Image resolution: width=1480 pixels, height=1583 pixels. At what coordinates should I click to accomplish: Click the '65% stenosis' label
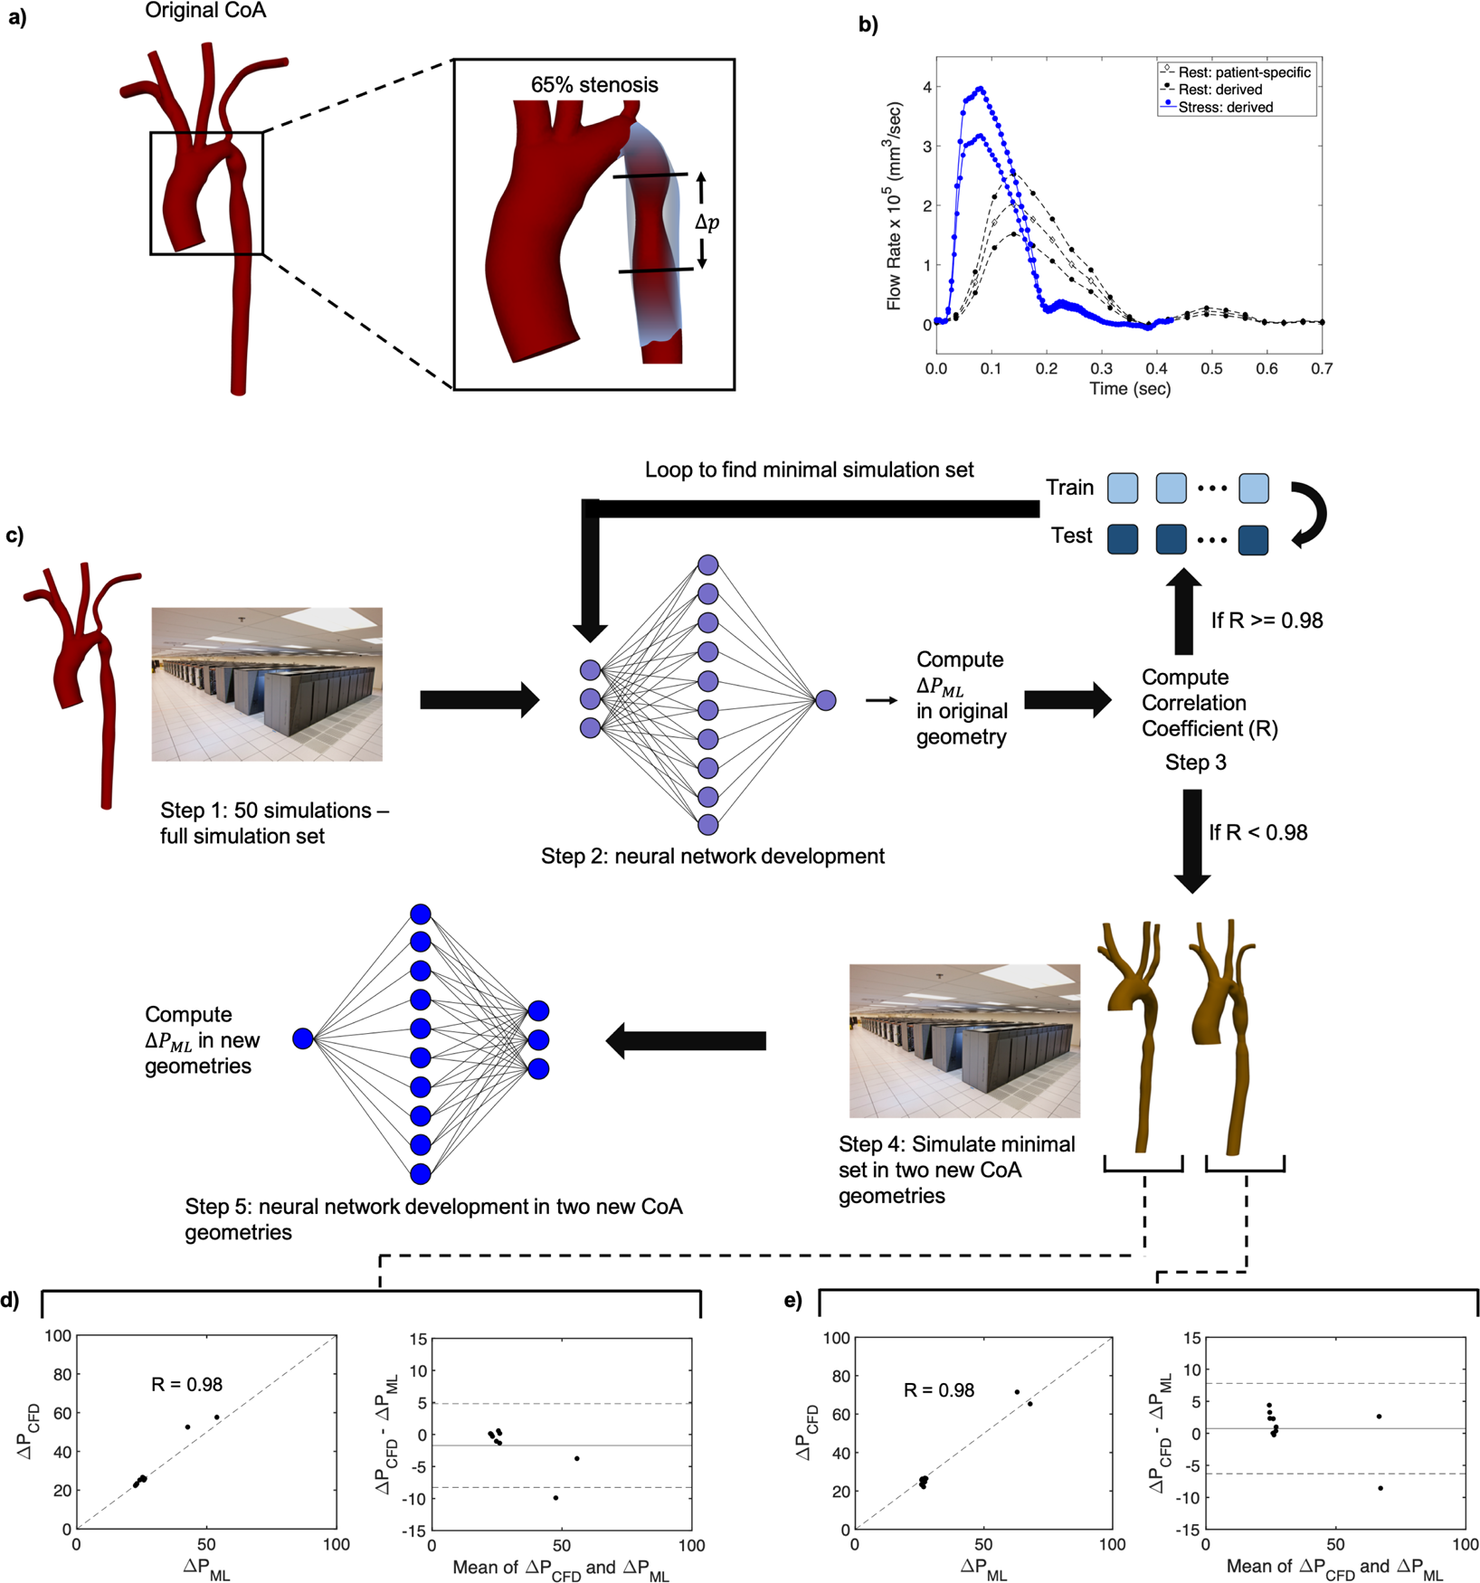click(594, 85)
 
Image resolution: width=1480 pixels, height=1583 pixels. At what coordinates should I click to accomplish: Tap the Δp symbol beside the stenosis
click(707, 223)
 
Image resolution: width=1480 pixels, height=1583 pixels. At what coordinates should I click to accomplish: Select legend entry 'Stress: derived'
click(1225, 107)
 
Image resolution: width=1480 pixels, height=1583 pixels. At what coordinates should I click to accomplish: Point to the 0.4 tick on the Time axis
click(1157, 369)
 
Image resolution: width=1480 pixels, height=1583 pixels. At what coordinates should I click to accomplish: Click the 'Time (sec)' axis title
click(1130, 389)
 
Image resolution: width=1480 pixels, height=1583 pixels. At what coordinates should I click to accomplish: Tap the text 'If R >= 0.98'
click(1267, 621)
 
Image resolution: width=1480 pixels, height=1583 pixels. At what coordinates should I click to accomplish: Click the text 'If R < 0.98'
click(1258, 832)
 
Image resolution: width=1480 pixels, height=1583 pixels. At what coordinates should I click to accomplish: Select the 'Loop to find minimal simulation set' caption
click(809, 469)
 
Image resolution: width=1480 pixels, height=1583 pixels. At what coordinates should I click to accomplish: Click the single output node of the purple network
click(825, 700)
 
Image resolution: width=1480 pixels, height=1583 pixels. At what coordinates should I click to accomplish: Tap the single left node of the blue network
click(303, 1038)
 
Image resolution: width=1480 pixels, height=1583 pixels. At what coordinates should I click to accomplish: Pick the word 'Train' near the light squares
click(1069, 488)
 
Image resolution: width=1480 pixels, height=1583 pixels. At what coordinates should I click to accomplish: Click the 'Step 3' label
click(1195, 763)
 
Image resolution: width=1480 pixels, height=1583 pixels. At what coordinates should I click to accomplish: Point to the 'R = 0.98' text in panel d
click(186, 1384)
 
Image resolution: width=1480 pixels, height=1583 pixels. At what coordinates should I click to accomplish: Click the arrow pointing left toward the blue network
click(686, 1040)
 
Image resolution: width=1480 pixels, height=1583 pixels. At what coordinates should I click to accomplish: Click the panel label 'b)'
click(868, 25)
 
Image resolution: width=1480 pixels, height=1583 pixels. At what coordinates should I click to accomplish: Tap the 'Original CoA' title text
click(205, 12)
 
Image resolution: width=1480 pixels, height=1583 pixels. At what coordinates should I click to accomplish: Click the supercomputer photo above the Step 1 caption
click(267, 684)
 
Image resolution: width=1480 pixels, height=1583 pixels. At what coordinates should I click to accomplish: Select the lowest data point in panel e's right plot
click(1380, 1488)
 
